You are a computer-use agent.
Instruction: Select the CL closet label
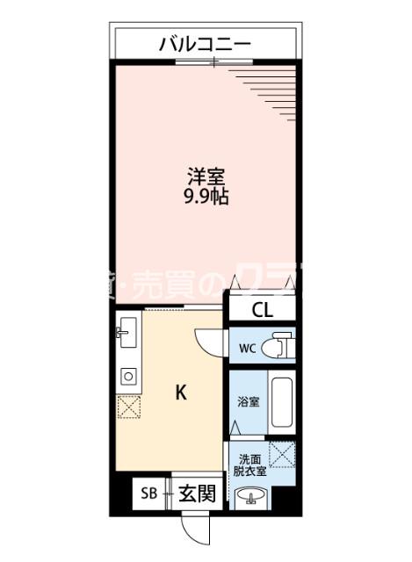pos(262,309)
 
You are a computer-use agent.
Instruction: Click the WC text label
pos(246,346)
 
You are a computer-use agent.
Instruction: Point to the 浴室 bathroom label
pos(249,402)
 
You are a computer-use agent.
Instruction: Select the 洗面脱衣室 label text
pos(250,465)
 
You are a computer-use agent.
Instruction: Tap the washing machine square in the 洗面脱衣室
pos(283,458)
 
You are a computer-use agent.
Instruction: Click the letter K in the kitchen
pos(180,393)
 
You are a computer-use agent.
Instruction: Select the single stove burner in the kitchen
pos(127,376)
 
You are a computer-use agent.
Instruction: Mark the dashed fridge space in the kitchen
pos(128,407)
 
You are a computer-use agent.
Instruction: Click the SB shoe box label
pos(148,494)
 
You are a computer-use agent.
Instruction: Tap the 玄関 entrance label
pos(198,494)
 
